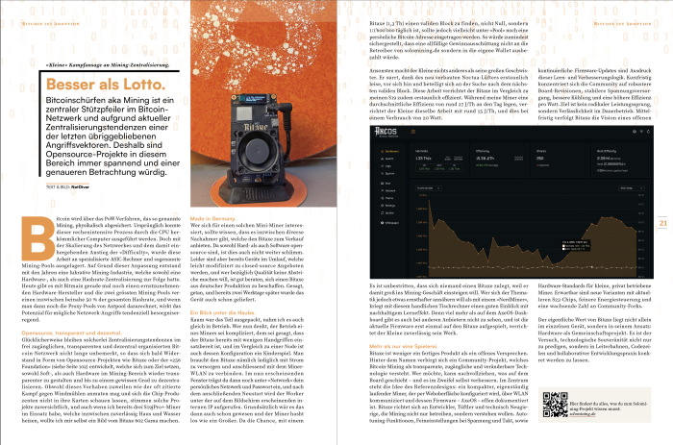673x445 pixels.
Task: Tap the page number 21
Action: (662, 197)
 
